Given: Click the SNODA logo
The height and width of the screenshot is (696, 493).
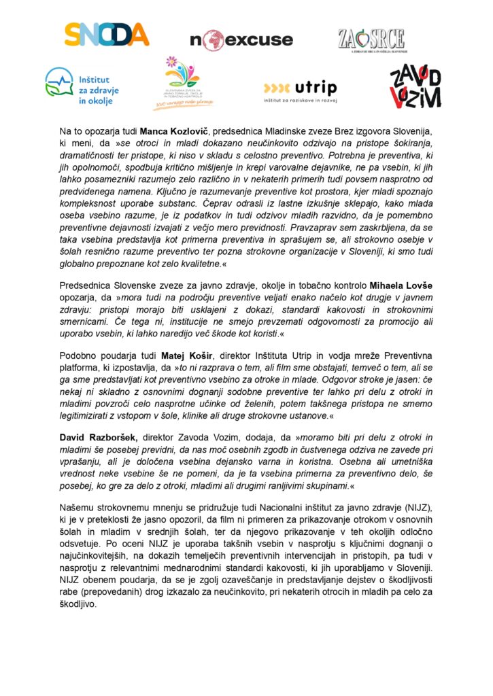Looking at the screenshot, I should pyautogui.click(x=106, y=35).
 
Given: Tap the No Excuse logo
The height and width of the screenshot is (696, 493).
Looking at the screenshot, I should pyautogui.click(x=241, y=40).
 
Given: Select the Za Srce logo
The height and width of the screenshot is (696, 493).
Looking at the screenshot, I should pyautogui.click(x=371, y=40).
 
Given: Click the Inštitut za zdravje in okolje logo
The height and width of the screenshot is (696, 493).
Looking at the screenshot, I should pyautogui.click(x=80, y=87).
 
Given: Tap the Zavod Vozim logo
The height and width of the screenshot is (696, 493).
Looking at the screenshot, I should pyautogui.click(x=415, y=86).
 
